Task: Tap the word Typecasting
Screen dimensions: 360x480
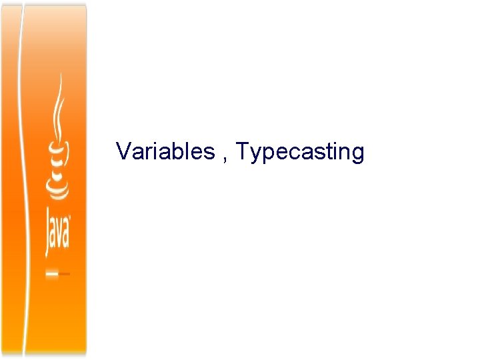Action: [300, 153]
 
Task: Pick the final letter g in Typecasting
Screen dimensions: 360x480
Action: [357, 155]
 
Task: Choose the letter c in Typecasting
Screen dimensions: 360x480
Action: [287, 153]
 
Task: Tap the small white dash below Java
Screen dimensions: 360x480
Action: [51, 273]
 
